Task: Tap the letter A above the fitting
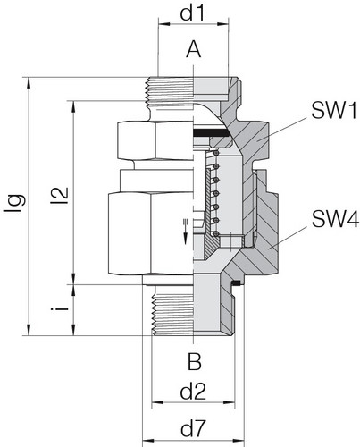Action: (193, 53)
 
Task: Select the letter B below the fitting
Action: (193, 361)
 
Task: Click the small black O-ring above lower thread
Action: (234, 284)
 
